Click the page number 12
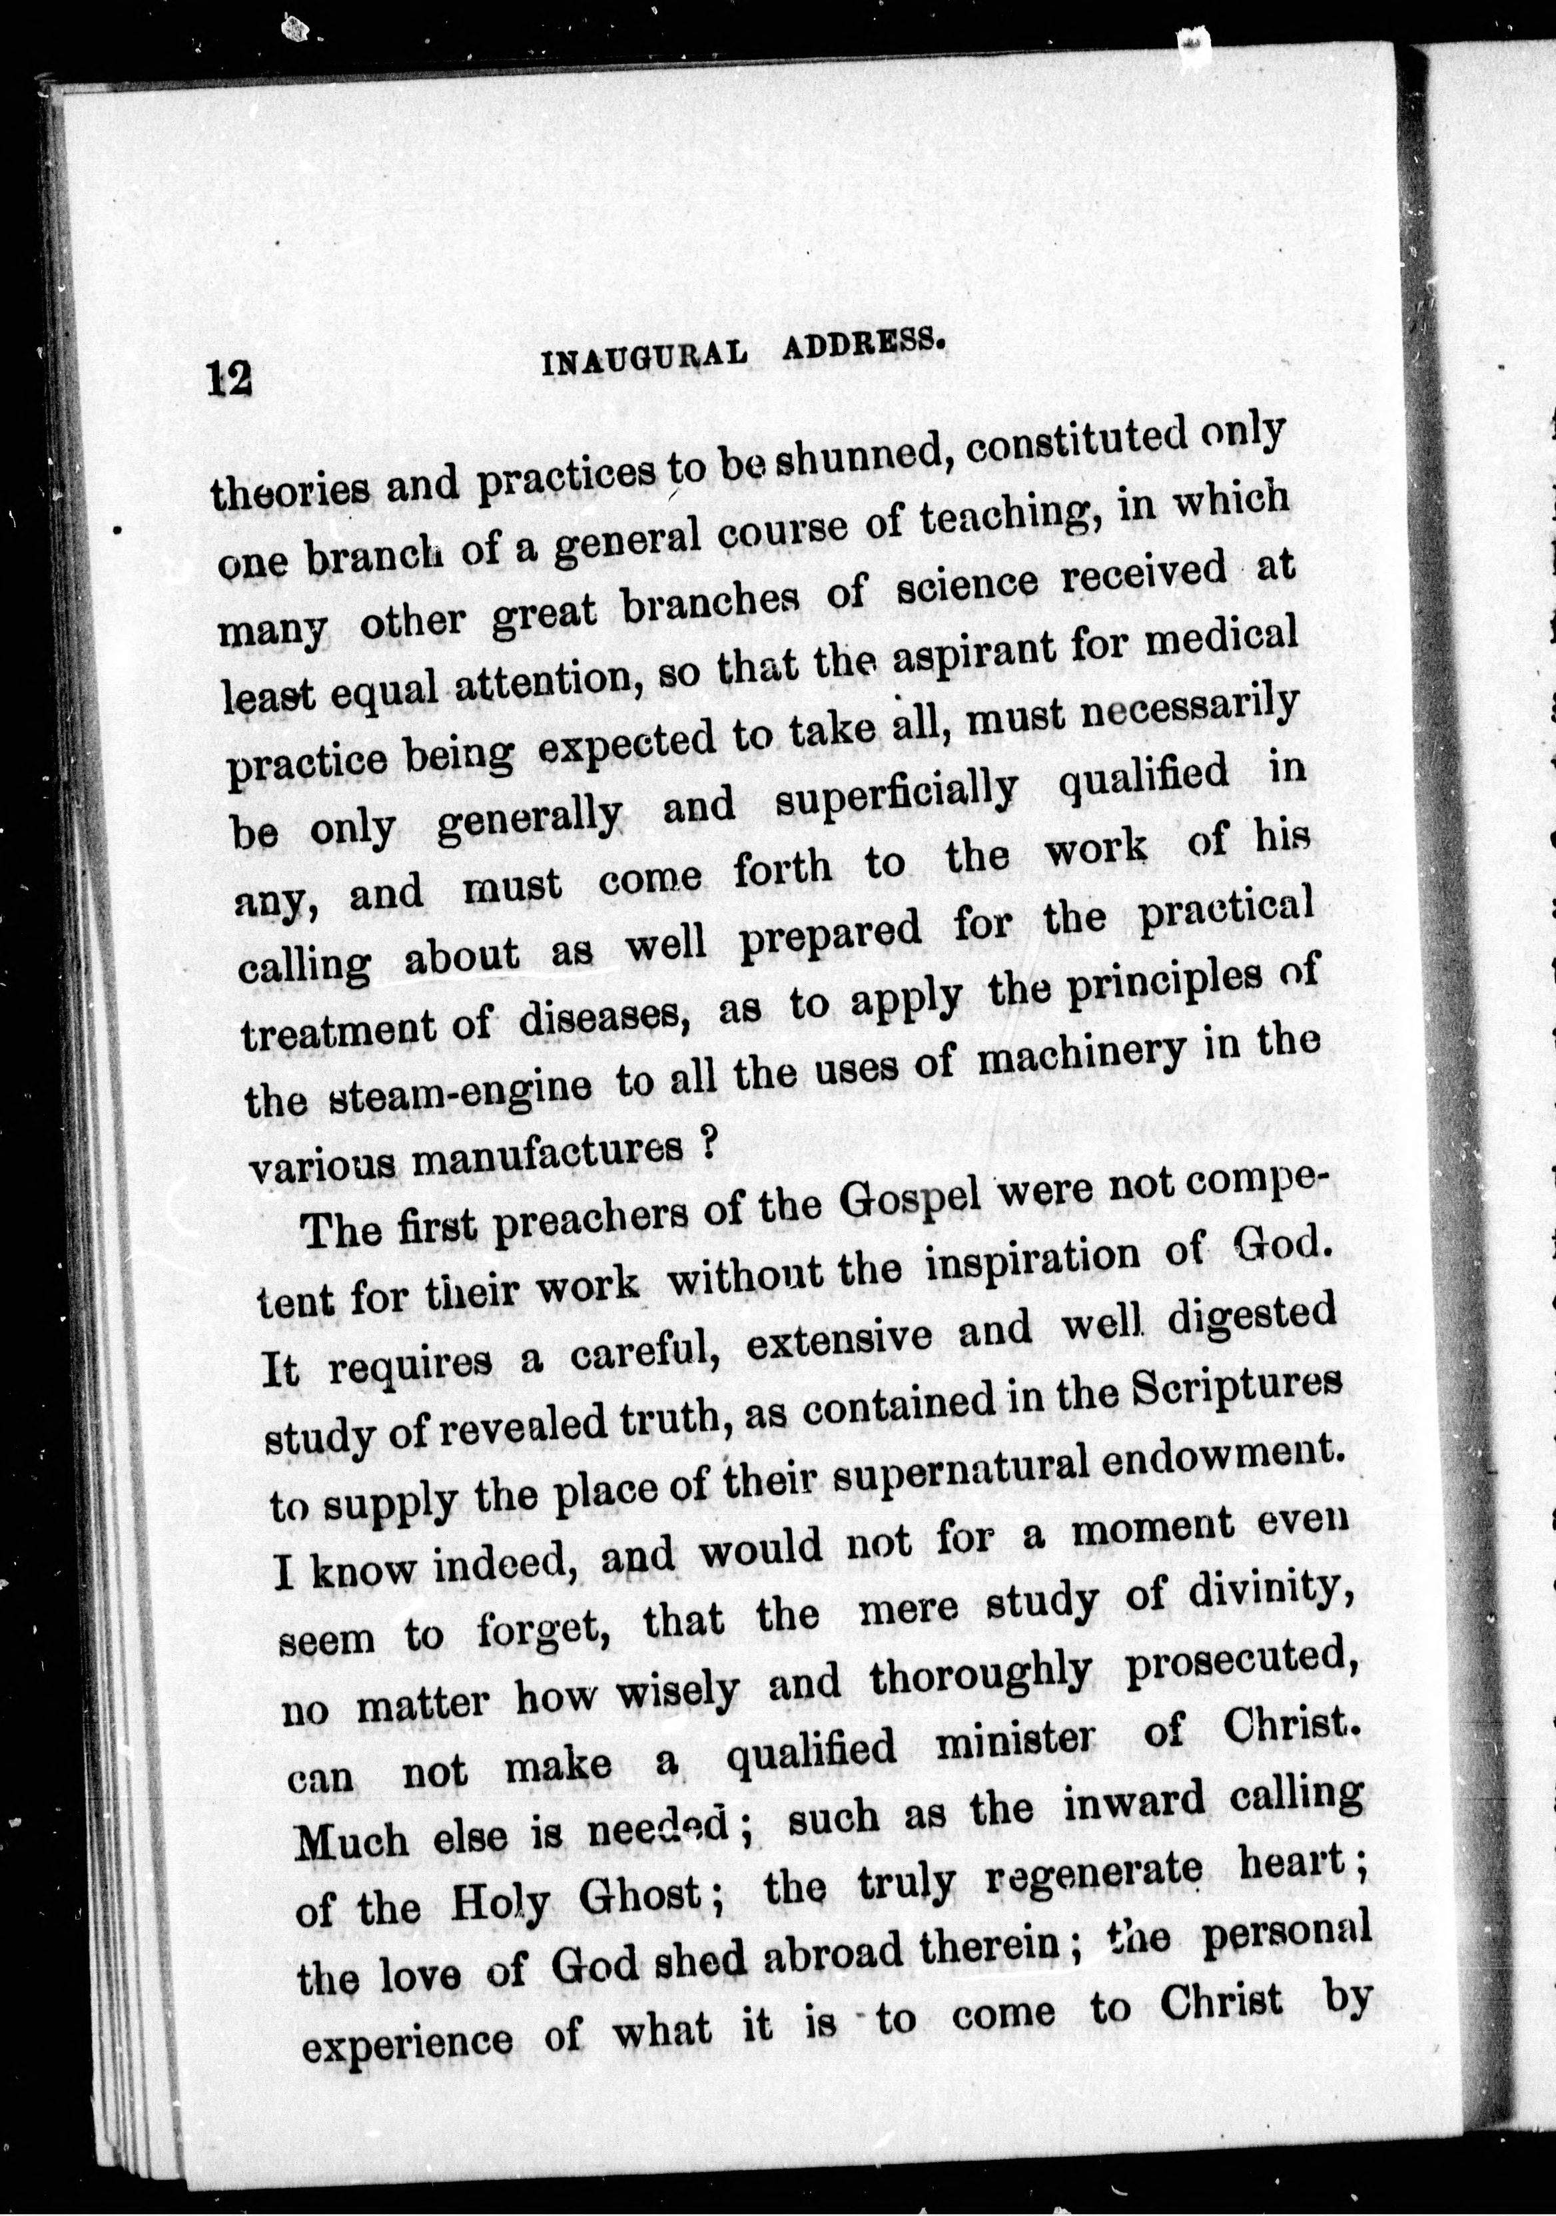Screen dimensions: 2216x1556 [x=228, y=378]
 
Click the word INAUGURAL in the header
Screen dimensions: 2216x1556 [x=645, y=359]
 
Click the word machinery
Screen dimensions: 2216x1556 [x=1080, y=1060]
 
